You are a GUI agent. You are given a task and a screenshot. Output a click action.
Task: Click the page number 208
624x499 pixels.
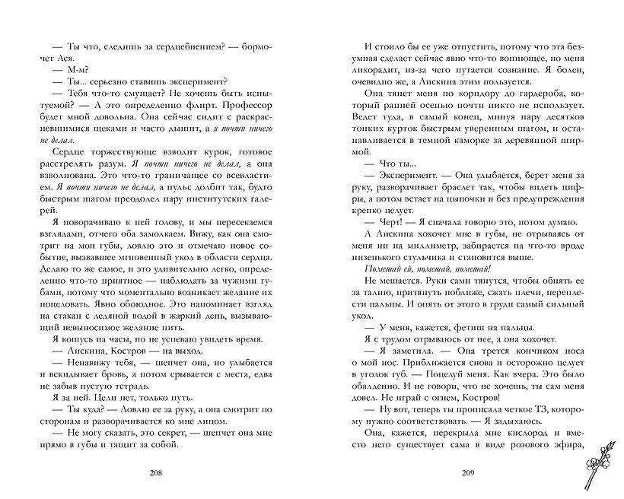pos(156,473)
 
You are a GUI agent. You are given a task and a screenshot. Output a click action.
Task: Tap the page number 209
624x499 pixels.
pos(468,473)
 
